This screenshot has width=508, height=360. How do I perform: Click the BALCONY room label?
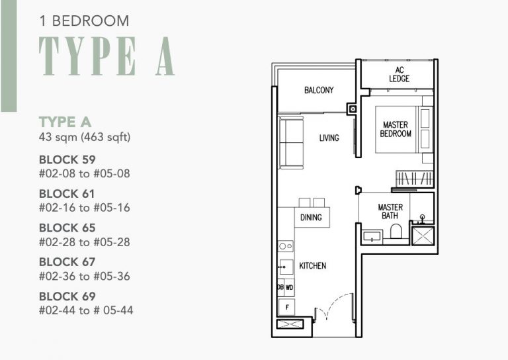319,91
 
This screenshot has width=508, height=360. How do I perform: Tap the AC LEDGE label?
400,74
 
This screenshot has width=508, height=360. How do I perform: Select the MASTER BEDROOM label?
396,129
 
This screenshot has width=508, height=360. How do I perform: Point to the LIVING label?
329,138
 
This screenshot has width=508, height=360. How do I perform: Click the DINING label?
311,218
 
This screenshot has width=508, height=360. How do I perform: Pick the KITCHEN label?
312,266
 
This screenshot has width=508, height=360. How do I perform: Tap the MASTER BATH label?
390,212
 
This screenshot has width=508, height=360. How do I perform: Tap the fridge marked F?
286,306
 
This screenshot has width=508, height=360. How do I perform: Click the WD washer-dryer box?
290,288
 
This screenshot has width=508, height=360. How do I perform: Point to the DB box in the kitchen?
280,288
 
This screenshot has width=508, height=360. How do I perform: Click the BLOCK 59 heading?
67,159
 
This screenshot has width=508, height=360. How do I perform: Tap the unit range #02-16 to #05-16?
84,208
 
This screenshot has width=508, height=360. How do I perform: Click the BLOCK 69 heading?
67,296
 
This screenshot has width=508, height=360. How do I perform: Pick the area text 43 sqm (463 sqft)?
85,138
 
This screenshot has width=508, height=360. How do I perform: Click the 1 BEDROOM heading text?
84,21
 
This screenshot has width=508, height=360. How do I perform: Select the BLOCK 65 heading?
67,228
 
